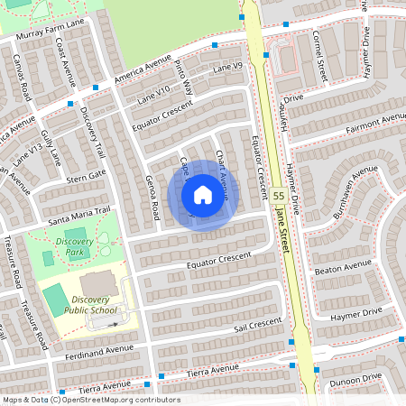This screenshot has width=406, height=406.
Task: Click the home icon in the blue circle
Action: click(203, 195)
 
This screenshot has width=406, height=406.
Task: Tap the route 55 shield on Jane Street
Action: click(278, 195)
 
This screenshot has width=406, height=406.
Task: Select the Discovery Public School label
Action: click(95, 305)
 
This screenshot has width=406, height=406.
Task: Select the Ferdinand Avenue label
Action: click(99, 352)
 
